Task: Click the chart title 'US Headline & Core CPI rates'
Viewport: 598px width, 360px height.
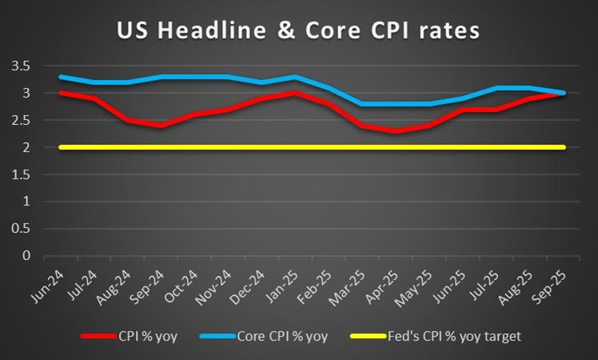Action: [298, 30]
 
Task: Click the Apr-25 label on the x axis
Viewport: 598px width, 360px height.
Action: [388, 282]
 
